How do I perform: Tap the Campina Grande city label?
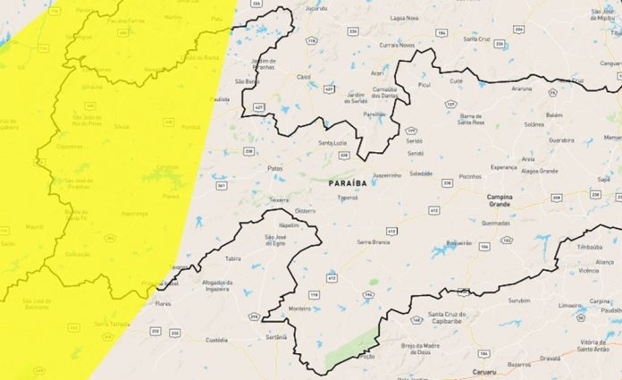click(x=499, y=199)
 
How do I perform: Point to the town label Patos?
click(x=275, y=168)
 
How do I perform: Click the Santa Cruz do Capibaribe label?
click(x=450, y=318)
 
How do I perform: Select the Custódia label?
click(x=217, y=341)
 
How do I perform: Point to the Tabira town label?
click(x=233, y=258)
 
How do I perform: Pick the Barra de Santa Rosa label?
click(x=476, y=120)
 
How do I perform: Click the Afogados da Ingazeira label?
click(x=217, y=286)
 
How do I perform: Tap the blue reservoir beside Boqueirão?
click(x=441, y=251)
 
